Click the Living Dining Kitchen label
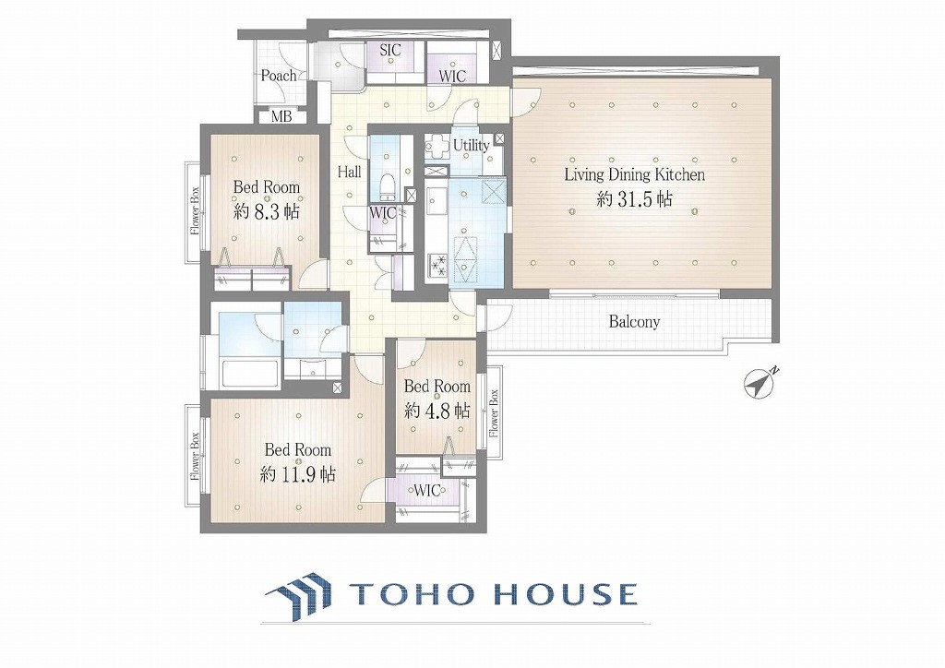click(x=635, y=175)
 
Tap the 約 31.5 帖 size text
click(x=634, y=199)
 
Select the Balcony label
click(x=634, y=322)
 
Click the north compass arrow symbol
click(x=760, y=382)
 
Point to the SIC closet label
click(x=390, y=51)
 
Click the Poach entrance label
click(x=279, y=76)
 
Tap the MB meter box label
click(x=281, y=117)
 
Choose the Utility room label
click(x=472, y=146)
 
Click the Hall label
click(x=349, y=173)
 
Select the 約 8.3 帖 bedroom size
click(x=267, y=212)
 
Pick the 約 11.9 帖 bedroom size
click(x=298, y=474)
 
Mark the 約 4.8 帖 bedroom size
click(x=437, y=412)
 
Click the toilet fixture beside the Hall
click(x=388, y=185)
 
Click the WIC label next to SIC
click(x=452, y=77)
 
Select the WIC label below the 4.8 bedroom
click(x=426, y=490)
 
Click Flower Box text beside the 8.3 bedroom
click(x=196, y=211)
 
